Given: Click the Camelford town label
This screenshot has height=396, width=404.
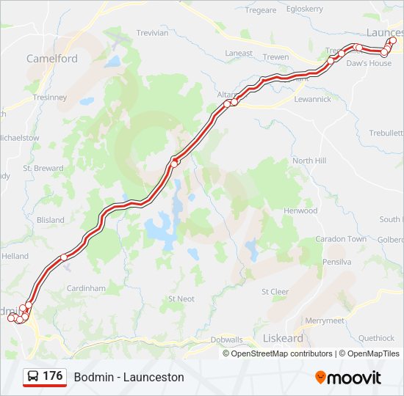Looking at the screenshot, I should click(51, 59).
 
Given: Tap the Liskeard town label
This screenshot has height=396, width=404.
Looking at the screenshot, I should click(283, 339).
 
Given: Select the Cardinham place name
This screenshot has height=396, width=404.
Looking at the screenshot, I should click(86, 289).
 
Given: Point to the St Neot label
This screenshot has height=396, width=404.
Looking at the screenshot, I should click(181, 298).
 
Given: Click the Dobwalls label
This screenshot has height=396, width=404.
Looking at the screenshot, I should click(226, 340).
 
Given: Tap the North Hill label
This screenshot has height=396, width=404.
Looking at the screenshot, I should click(309, 161).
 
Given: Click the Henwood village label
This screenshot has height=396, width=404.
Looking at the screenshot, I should click(300, 210).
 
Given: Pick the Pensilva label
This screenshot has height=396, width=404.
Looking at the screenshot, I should click(337, 261).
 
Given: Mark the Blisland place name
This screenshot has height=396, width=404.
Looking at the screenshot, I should click(50, 219).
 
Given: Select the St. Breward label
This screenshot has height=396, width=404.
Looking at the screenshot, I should click(43, 168).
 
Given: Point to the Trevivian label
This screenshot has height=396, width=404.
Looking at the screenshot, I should click(152, 33).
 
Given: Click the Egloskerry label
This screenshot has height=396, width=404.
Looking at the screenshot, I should click(304, 9).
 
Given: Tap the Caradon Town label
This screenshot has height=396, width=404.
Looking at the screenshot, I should click(341, 239).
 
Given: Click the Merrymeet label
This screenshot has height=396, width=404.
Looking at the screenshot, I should click(324, 320).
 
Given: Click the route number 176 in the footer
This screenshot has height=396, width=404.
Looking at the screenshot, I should click(52, 376).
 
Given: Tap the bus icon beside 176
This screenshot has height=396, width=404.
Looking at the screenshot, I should click(33, 377).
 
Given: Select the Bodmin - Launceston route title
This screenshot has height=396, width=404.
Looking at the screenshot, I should click(129, 377).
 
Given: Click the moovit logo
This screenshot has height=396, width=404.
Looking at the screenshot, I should click(348, 377).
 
